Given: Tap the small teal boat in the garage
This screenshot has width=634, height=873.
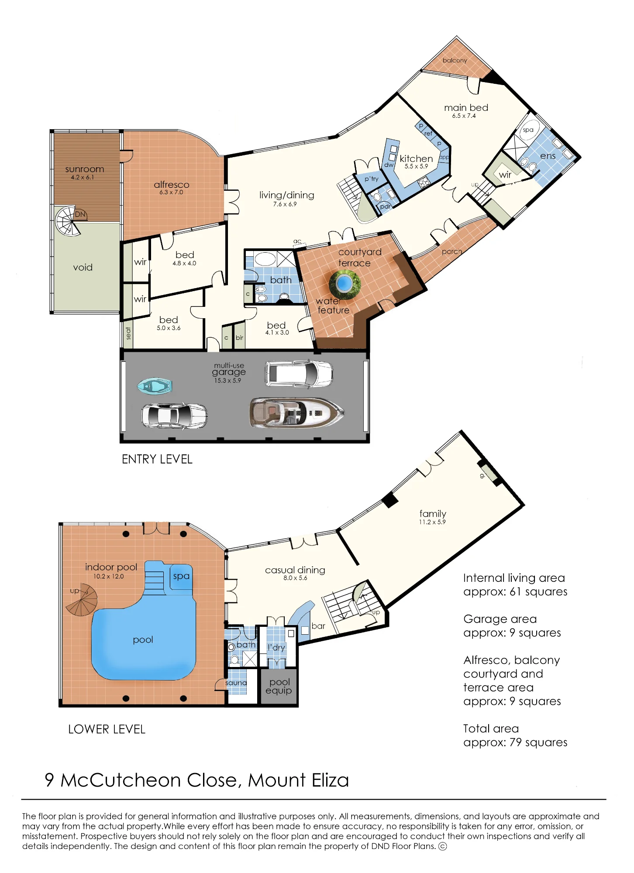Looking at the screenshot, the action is click(x=155, y=386).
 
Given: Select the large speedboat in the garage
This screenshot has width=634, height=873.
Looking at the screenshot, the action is click(x=296, y=412).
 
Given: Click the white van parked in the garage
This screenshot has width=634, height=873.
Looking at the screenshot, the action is click(x=299, y=374).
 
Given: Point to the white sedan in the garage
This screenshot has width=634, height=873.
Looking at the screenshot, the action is click(x=174, y=416).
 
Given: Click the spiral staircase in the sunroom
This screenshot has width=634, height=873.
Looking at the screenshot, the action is click(x=69, y=221).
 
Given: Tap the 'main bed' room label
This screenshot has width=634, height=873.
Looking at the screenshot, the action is click(x=466, y=107).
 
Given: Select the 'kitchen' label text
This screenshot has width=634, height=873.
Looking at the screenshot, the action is click(x=416, y=158).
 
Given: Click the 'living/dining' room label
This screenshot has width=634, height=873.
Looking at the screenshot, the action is click(x=286, y=195).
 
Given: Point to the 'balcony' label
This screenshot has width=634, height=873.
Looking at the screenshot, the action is click(x=455, y=60).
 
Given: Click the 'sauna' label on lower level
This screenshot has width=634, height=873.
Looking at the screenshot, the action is click(x=236, y=683).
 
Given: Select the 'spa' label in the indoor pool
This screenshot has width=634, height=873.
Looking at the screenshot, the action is click(x=181, y=576).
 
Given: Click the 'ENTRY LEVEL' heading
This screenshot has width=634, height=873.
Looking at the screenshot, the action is click(x=157, y=459).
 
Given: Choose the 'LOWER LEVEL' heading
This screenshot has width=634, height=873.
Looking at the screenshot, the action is click(x=107, y=729).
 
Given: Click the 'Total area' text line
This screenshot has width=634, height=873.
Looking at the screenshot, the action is click(x=491, y=729).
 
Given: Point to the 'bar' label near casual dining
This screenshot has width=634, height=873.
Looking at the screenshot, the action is click(x=318, y=626).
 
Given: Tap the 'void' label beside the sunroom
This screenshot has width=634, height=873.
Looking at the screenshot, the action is click(x=83, y=267).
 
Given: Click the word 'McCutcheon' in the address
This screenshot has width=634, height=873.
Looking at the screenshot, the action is click(x=121, y=780).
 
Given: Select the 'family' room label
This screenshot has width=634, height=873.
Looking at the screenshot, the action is click(x=433, y=514).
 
